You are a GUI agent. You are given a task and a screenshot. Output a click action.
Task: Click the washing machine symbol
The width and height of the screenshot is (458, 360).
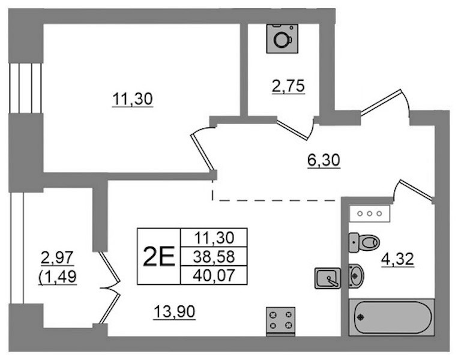tap(282, 38)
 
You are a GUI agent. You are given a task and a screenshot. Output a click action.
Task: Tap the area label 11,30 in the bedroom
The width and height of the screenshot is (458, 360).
tap(132, 99)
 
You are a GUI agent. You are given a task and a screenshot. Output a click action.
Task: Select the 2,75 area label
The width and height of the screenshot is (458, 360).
tap(288, 86)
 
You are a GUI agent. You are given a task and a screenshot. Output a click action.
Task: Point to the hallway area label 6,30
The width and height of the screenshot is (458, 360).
tap(324, 160)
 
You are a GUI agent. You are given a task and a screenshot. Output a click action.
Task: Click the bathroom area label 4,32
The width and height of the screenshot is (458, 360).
tap(397, 259)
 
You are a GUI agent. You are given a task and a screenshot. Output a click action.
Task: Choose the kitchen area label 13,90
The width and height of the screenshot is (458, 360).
tap(175, 312)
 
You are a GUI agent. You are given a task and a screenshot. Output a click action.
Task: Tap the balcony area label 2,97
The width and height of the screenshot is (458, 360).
tap(57, 258)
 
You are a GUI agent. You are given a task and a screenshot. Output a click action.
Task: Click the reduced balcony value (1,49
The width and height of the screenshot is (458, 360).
tap(58, 277)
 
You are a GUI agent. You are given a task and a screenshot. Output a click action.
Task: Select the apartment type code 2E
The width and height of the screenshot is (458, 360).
tap(158, 256)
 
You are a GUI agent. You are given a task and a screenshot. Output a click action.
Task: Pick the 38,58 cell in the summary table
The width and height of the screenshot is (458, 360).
tap(214, 257)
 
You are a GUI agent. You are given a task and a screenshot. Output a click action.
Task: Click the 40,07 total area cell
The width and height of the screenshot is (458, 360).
tap(214, 275)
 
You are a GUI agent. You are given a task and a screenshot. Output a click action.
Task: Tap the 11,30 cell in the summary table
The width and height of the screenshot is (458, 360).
tap(214, 238)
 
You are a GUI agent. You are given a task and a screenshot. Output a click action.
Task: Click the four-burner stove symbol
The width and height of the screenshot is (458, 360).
tap(280, 320)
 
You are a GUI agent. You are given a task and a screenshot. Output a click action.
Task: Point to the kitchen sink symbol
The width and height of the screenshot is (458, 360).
tap(327, 278)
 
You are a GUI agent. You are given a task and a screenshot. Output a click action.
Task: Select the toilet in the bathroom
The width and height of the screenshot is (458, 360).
tap(364, 242)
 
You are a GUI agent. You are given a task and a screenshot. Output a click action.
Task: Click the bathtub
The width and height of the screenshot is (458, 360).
tap(391, 317)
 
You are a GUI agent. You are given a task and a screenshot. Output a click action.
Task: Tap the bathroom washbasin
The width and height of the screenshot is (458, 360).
tap(356, 276)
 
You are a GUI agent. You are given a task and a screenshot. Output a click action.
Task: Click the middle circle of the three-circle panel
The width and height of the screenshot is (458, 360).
tap(370, 214)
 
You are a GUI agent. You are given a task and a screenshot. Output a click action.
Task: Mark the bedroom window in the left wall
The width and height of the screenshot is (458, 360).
tap(26, 88)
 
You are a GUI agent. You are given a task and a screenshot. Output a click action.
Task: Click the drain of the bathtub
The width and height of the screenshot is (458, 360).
tap(361, 317)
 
